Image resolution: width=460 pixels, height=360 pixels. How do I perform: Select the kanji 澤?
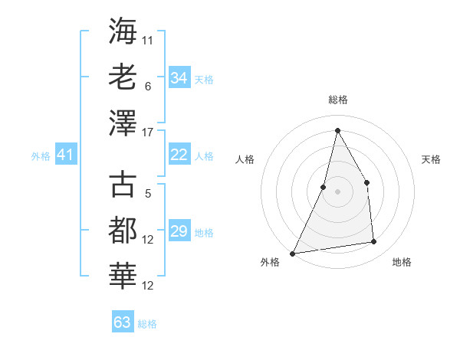tap(123, 122)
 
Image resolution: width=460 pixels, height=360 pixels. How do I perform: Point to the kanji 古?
tap(123, 185)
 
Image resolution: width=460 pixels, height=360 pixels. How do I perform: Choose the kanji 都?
tap(123, 231)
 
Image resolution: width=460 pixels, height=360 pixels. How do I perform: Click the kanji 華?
tap(123, 277)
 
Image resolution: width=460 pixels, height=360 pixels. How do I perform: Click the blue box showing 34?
tap(179, 78)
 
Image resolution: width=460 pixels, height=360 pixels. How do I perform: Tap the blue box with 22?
tap(179, 155)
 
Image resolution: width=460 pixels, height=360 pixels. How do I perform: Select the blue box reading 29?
tap(179, 231)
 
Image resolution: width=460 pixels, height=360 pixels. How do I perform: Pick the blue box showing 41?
tap(65, 155)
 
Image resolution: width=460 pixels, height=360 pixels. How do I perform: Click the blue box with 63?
tap(122, 322)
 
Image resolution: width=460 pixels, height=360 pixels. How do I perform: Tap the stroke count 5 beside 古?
tap(147, 194)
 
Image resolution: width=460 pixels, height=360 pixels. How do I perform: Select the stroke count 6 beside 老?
tap(147, 87)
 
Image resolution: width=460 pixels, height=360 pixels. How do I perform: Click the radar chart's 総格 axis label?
tap(337, 100)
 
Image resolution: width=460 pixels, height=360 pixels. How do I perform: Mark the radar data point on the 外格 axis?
tap(292, 253)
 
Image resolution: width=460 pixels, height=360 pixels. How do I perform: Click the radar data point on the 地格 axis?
tap(374, 242)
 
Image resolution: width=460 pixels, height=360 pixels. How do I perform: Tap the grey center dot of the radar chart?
tap(337, 191)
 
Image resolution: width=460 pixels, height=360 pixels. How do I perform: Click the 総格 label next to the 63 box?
tap(147, 324)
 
